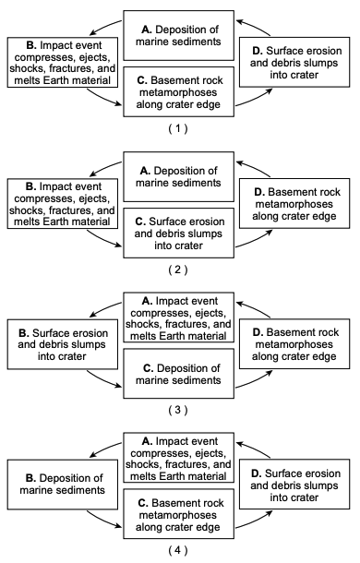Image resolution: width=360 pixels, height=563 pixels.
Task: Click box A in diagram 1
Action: (178, 36)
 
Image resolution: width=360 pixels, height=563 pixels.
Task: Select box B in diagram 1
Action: (63, 62)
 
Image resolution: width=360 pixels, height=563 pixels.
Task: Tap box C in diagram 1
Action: (178, 91)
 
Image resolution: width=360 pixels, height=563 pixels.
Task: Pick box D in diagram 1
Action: (294, 62)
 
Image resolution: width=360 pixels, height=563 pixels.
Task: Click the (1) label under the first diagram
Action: (178, 128)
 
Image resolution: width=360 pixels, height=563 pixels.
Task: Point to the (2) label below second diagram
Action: (178, 270)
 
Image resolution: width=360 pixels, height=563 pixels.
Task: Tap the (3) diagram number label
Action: (178, 410)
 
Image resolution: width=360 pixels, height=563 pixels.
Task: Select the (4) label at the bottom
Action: (178, 550)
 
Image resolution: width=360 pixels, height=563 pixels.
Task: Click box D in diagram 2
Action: (294, 203)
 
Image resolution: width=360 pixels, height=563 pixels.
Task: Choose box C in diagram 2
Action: (178, 233)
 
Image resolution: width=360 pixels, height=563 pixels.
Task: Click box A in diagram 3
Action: (178, 317)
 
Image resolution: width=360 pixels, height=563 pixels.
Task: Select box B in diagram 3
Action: (63, 344)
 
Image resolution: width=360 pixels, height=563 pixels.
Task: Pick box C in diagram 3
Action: (178, 374)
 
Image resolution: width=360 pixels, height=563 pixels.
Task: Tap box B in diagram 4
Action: (63, 485)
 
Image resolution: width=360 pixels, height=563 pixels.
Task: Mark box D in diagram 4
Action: (294, 484)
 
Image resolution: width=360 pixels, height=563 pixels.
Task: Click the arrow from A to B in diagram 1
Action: (104, 26)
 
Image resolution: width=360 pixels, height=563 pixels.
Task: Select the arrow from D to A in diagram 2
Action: (255, 167)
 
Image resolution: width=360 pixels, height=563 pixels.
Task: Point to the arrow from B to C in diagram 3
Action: (103, 381)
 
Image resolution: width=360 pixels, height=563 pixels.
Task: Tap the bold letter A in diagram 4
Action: (146, 441)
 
